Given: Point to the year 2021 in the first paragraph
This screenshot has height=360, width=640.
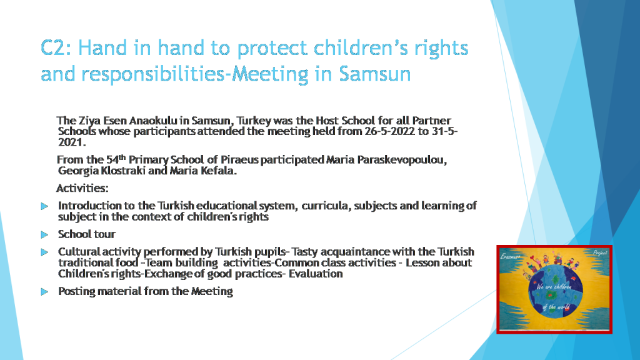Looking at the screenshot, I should click(71, 142).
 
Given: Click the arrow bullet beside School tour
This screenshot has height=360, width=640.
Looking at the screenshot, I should click(44, 234).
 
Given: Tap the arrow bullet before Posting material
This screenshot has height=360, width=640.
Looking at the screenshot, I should click(44, 291).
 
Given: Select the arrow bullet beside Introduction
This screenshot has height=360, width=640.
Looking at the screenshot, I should click(44, 206).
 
